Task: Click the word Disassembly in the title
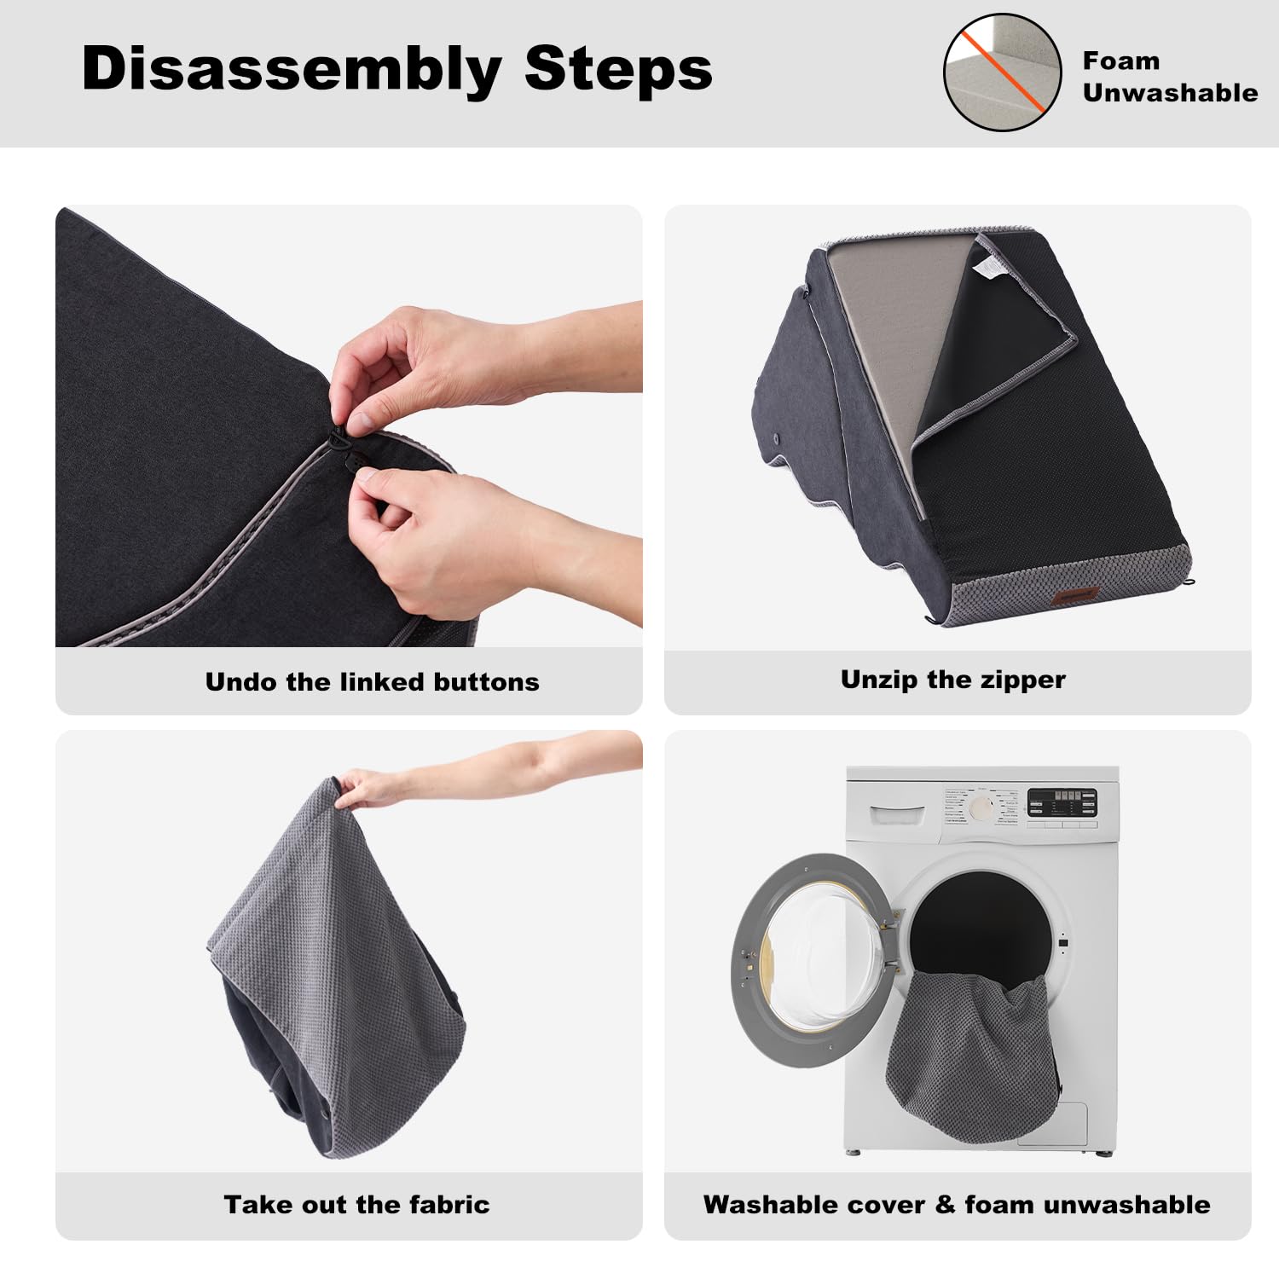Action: [292, 70]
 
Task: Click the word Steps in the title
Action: [618, 68]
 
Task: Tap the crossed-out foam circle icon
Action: [1002, 72]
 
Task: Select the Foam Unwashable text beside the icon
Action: [1170, 77]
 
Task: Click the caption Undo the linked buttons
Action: [373, 682]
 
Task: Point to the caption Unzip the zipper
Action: [953, 680]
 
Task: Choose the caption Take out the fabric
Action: [356, 1204]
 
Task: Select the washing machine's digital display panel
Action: [1062, 803]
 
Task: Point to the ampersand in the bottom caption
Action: [945, 1204]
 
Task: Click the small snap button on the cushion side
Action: [776, 438]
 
